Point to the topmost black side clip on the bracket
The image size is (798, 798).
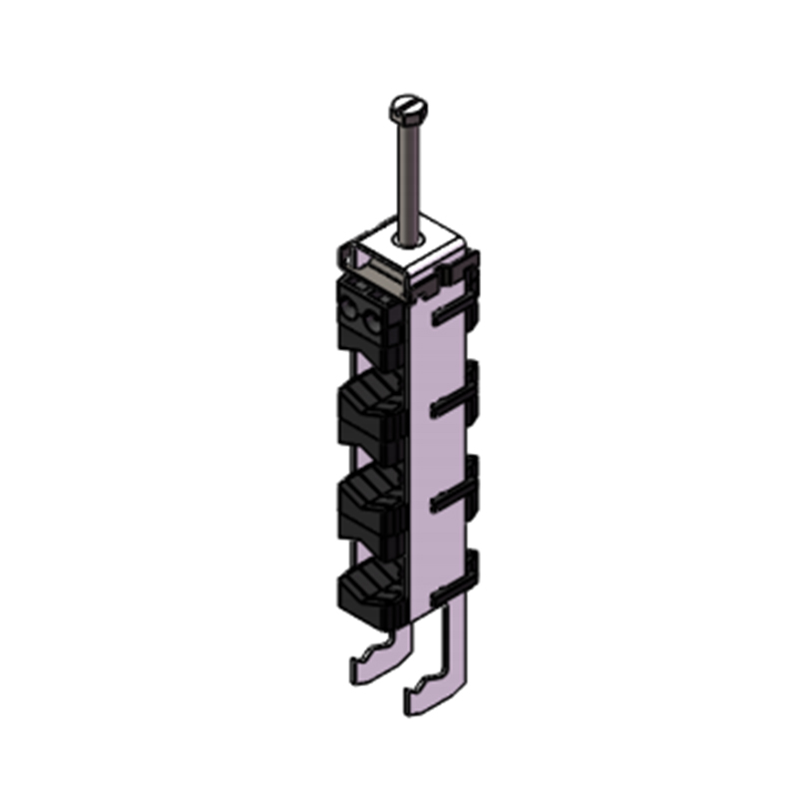point(455,313)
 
